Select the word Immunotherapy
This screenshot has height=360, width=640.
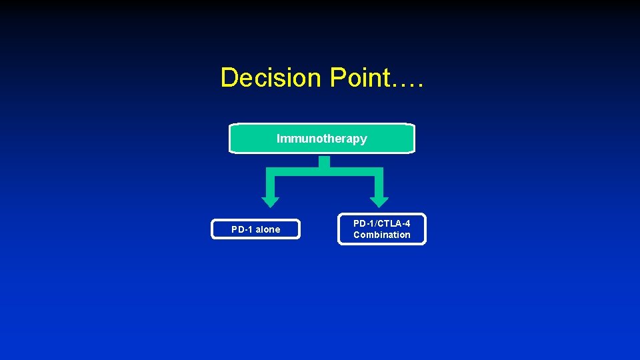(321, 139)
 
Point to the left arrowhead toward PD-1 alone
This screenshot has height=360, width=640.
(270, 201)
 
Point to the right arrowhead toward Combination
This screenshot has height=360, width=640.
(379, 201)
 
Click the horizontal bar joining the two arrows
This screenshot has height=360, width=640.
(325, 171)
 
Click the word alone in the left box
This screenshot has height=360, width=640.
(268, 229)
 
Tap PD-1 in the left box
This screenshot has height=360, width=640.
(242, 229)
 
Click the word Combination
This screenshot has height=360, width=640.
(382, 235)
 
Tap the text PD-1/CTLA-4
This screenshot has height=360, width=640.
(382, 223)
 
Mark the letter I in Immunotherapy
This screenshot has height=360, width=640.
(279, 139)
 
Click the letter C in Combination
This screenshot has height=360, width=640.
(357, 235)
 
